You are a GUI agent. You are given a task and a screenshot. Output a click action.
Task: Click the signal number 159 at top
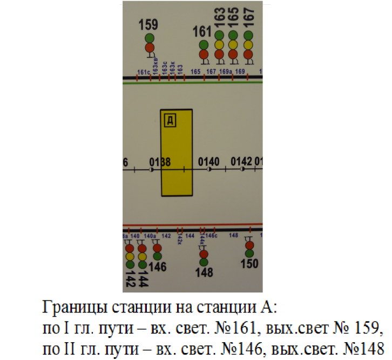[x=148, y=25]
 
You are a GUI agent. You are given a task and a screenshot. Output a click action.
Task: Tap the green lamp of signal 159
[x=150, y=38]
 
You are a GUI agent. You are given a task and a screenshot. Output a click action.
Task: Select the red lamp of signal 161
[x=204, y=54]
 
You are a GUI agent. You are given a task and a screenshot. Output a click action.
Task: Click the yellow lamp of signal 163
[x=219, y=44]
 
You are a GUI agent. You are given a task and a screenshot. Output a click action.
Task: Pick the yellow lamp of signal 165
[x=233, y=44]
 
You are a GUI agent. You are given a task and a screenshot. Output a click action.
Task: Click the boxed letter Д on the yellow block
[x=170, y=121]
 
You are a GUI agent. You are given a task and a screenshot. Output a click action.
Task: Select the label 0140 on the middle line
[x=209, y=161]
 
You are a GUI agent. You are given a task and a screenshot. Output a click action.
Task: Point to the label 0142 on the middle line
[x=241, y=161]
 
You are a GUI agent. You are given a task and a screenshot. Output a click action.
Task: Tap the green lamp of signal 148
[x=204, y=263]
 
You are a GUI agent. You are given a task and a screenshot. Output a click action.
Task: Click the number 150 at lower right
[x=249, y=264]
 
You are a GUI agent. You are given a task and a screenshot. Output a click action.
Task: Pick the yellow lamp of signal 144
[x=142, y=257]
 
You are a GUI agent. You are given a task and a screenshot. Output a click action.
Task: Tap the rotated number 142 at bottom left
[x=130, y=279]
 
